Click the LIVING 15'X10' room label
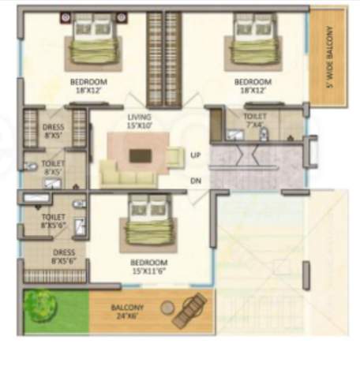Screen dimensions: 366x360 point(139,121)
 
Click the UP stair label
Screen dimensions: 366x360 point(196,155)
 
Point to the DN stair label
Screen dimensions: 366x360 point(196,181)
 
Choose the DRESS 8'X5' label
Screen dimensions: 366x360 point(54,132)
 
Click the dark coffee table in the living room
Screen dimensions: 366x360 point(140,155)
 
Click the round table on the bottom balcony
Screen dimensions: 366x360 point(167,307)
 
